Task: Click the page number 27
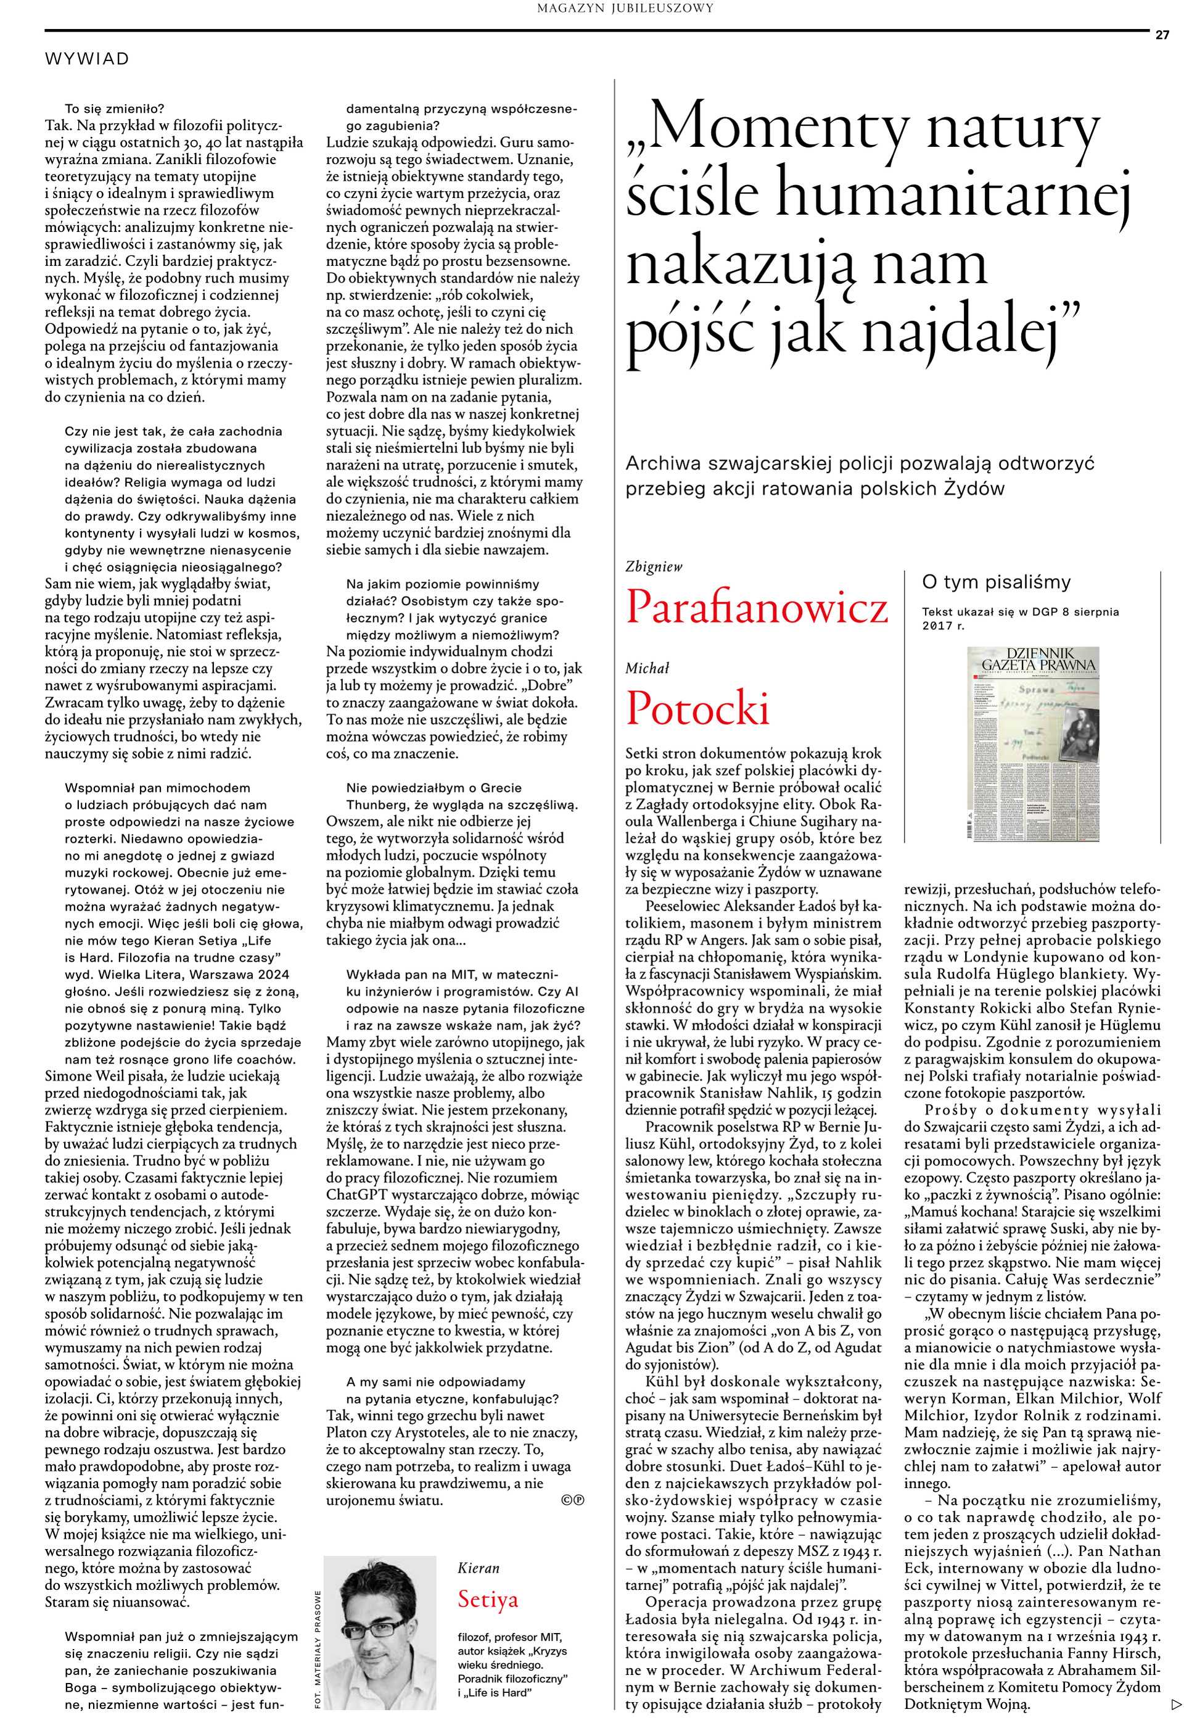coord(1162,35)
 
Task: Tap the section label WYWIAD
coord(87,59)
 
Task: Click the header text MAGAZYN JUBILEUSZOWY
coord(625,8)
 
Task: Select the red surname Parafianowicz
coord(756,608)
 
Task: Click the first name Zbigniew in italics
coord(654,567)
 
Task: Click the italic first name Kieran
coord(479,1567)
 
